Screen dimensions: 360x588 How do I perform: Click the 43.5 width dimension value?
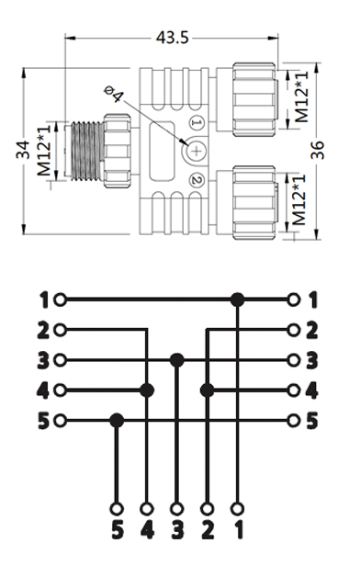tap(172, 38)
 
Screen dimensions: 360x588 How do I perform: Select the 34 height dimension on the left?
tap(23, 150)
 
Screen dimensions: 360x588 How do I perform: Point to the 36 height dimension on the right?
tap(317, 150)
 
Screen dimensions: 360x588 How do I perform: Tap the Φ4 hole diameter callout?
tap(114, 94)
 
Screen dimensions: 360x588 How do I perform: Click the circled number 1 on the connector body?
tap(197, 122)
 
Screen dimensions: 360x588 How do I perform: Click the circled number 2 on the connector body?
tap(196, 180)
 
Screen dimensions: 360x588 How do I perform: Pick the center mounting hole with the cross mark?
tap(197, 151)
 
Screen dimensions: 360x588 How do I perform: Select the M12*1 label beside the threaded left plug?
tap(44, 151)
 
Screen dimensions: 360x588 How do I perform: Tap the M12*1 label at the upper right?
tap(301, 97)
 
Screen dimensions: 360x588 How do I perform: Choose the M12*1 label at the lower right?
tap(298, 200)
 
